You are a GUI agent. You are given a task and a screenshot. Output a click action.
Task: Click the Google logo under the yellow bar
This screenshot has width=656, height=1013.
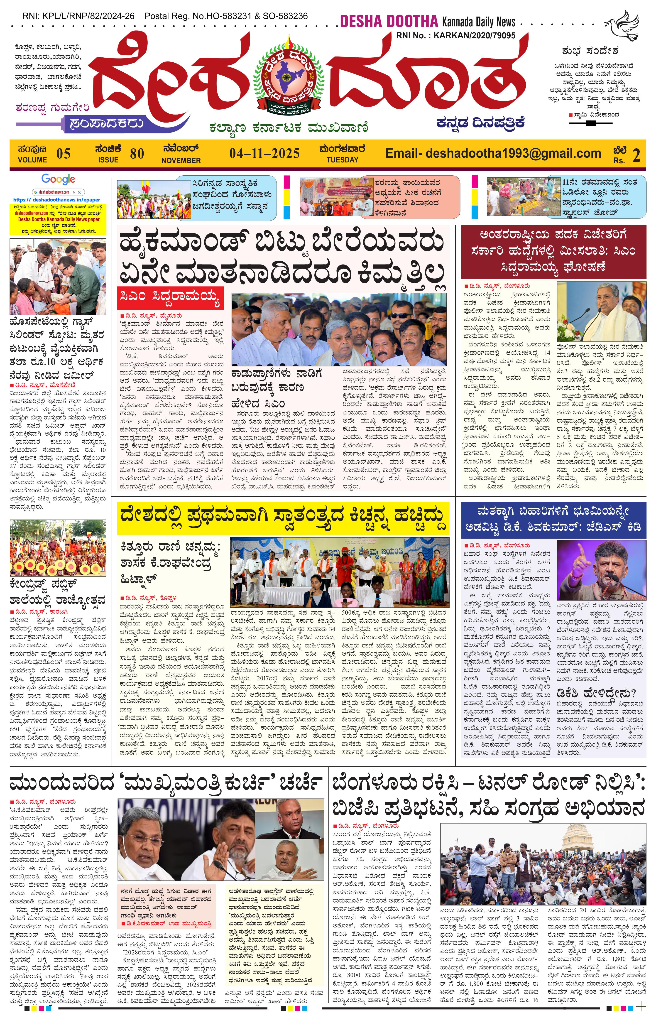58,180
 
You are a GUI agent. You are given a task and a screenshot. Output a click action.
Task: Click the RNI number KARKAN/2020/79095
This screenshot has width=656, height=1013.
474,36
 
